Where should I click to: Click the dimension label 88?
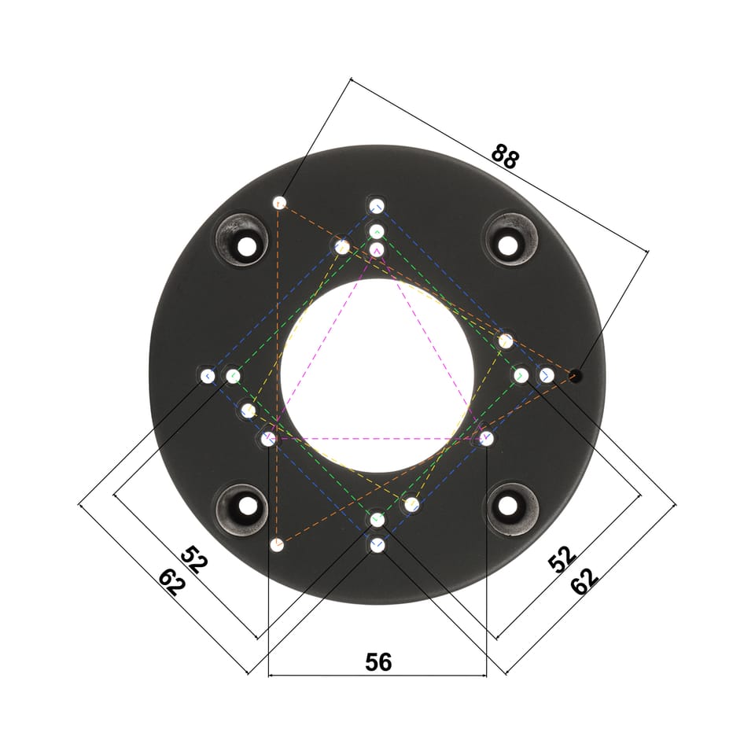pyautogui.click(x=505, y=156)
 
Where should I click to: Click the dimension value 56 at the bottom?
pyautogui.click(x=378, y=662)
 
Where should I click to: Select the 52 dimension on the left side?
pyautogui.click(x=194, y=560)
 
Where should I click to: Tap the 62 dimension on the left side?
pyautogui.click(x=172, y=582)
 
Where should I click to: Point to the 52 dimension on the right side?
pyautogui.click(x=562, y=559)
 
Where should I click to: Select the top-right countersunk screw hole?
pyautogui.click(x=507, y=245)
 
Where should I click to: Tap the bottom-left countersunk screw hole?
pyautogui.click(x=248, y=506)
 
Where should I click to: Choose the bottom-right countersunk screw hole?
pyautogui.click(x=507, y=506)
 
